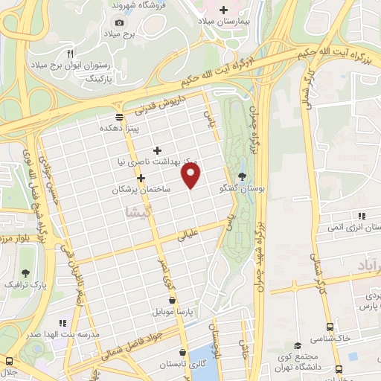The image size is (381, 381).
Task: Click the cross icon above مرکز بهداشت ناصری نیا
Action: (x=156, y=147)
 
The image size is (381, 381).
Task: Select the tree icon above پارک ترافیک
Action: (x=28, y=272)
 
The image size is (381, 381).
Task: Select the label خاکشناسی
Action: (x=334, y=337)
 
